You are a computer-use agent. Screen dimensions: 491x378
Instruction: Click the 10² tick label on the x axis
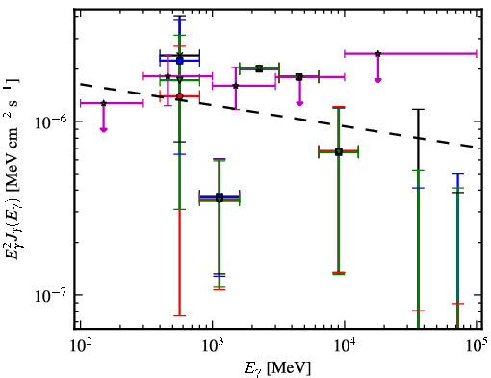point(79,346)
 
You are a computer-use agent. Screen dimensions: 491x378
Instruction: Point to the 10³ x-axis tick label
point(212,346)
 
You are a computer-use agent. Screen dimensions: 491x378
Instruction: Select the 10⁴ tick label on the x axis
point(345,346)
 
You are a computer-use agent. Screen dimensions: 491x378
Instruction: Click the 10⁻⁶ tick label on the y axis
point(50,121)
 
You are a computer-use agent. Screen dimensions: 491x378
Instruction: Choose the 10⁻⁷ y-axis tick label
point(50,295)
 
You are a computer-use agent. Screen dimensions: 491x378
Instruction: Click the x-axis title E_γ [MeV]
point(277,368)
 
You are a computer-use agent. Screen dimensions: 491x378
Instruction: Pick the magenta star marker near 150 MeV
point(103,103)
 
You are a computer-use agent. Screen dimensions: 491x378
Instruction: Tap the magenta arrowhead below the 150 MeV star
point(103,129)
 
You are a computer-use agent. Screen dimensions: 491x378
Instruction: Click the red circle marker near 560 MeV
point(180,96)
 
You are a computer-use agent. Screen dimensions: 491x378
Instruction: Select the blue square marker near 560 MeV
point(180,61)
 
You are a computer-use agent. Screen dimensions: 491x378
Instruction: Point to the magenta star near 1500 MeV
point(236,86)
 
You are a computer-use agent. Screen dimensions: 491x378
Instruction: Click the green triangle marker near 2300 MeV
point(259,68)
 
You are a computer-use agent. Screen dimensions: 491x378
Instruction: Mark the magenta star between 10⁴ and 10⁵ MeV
point(378,53)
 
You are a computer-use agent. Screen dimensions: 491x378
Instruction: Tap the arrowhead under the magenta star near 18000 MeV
point(378,80)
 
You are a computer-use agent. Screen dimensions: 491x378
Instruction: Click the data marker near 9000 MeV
point(339,152)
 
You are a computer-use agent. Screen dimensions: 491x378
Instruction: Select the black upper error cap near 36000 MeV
point(418,110)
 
